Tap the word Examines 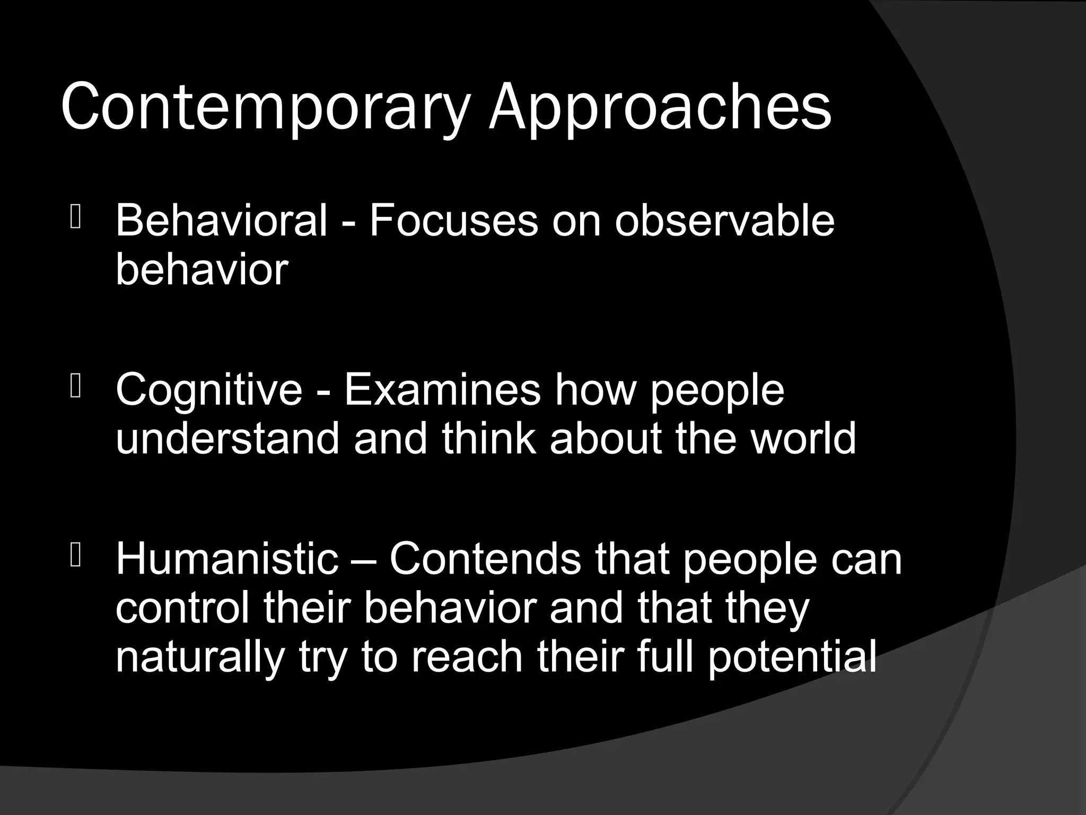pos(443,390)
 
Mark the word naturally pos(200,657)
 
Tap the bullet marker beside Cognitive pos(75,387)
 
